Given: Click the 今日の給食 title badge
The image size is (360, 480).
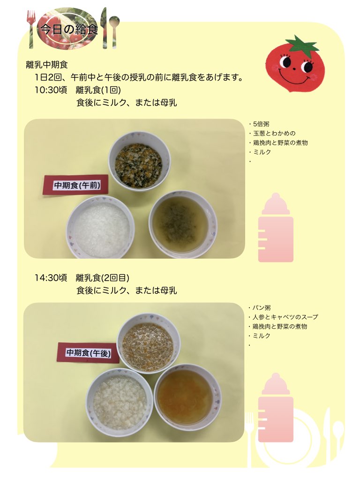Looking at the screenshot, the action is click(x=68, y=29).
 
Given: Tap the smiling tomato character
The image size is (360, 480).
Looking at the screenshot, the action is click(x=294, y=64).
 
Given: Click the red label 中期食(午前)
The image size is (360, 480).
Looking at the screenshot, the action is click(x=76, y=185).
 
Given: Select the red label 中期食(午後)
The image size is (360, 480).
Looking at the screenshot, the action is click(x=88, y=353).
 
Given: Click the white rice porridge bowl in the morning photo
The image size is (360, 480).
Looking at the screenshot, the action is click(x=101, y=227).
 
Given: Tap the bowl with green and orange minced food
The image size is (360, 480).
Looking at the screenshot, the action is click(x=140, y=161).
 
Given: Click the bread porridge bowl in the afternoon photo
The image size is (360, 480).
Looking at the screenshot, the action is click(x=120, y=403).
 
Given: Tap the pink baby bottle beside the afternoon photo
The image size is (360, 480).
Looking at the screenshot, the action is click(x=276, y=407).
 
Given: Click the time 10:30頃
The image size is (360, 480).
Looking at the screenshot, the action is click(x=51, y=90).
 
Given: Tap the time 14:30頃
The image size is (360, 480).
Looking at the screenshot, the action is click(x=51, y=277).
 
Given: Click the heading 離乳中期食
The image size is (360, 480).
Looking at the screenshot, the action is click(x=47, y=65).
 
